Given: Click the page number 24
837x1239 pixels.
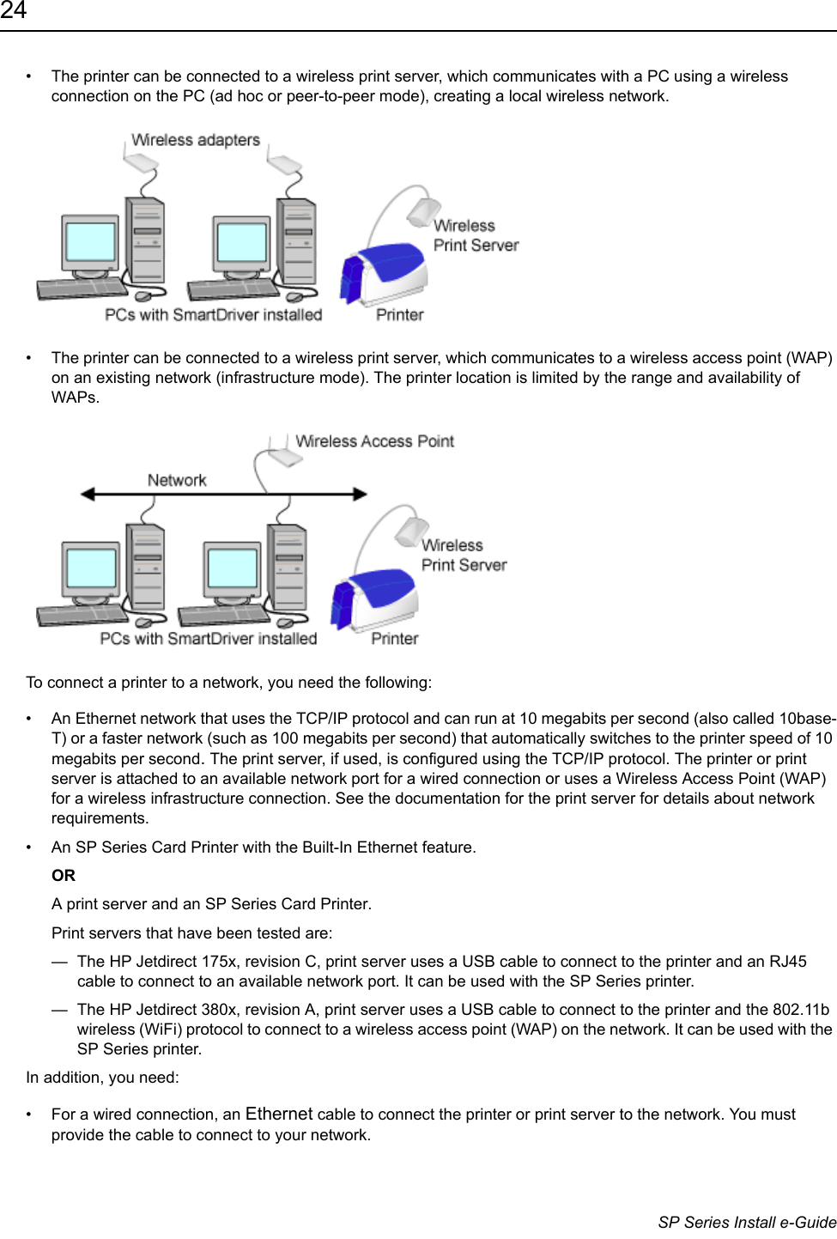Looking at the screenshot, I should point(14,11).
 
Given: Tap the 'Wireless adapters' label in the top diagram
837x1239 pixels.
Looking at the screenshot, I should point(195,140).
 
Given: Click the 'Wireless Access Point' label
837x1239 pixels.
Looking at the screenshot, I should point(374,441).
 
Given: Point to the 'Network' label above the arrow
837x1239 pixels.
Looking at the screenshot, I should point(177,480).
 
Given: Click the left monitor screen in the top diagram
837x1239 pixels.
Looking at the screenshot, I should point(90,242).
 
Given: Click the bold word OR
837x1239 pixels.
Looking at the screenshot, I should point(64,876).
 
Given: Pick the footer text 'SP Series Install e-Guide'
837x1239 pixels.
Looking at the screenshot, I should point(747,1222).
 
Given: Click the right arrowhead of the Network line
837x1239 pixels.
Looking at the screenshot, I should point(360,494).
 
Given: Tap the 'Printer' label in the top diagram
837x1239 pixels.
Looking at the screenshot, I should point(399,315).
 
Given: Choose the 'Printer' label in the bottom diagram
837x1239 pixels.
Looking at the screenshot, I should point(394,639).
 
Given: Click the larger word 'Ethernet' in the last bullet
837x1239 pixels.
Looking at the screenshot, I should point(279,1114).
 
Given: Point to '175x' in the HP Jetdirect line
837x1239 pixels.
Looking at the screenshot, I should point(219,962).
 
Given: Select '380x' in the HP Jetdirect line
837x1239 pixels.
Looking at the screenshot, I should point(219,1010).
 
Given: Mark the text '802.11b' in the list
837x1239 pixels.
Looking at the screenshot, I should point(801,1010).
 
